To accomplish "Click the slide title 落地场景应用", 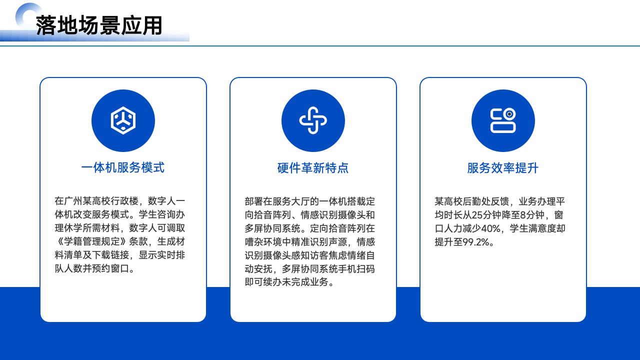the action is pyautogui.click(x=99, y=25).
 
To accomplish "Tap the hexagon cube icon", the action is pyautogui.click(x=123, y=120).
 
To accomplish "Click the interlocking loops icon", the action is pyautogui.click(x=313, y=120).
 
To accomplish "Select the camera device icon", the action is pyautogui.click(x=503, y=120).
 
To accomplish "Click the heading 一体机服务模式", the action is pyautogui.click(x=123, y=167).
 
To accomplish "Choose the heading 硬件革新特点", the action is pyautogui.click(x=313, y=167).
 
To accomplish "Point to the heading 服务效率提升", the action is pyautogui.click(x=503, y=167).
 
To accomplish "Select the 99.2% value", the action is pyautogui.click(x=476, y=242).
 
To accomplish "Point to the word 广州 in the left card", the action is pyautogui.click(x=73, y=201).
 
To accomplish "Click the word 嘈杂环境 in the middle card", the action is pyautogui.click(x=263, y=242).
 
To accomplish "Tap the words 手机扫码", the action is pyautogui.click(x=356, y=269).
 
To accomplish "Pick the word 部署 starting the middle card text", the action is pyautogui.click(x=254, y=201).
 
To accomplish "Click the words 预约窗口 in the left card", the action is pyautogui.click(x=110, y=268).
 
